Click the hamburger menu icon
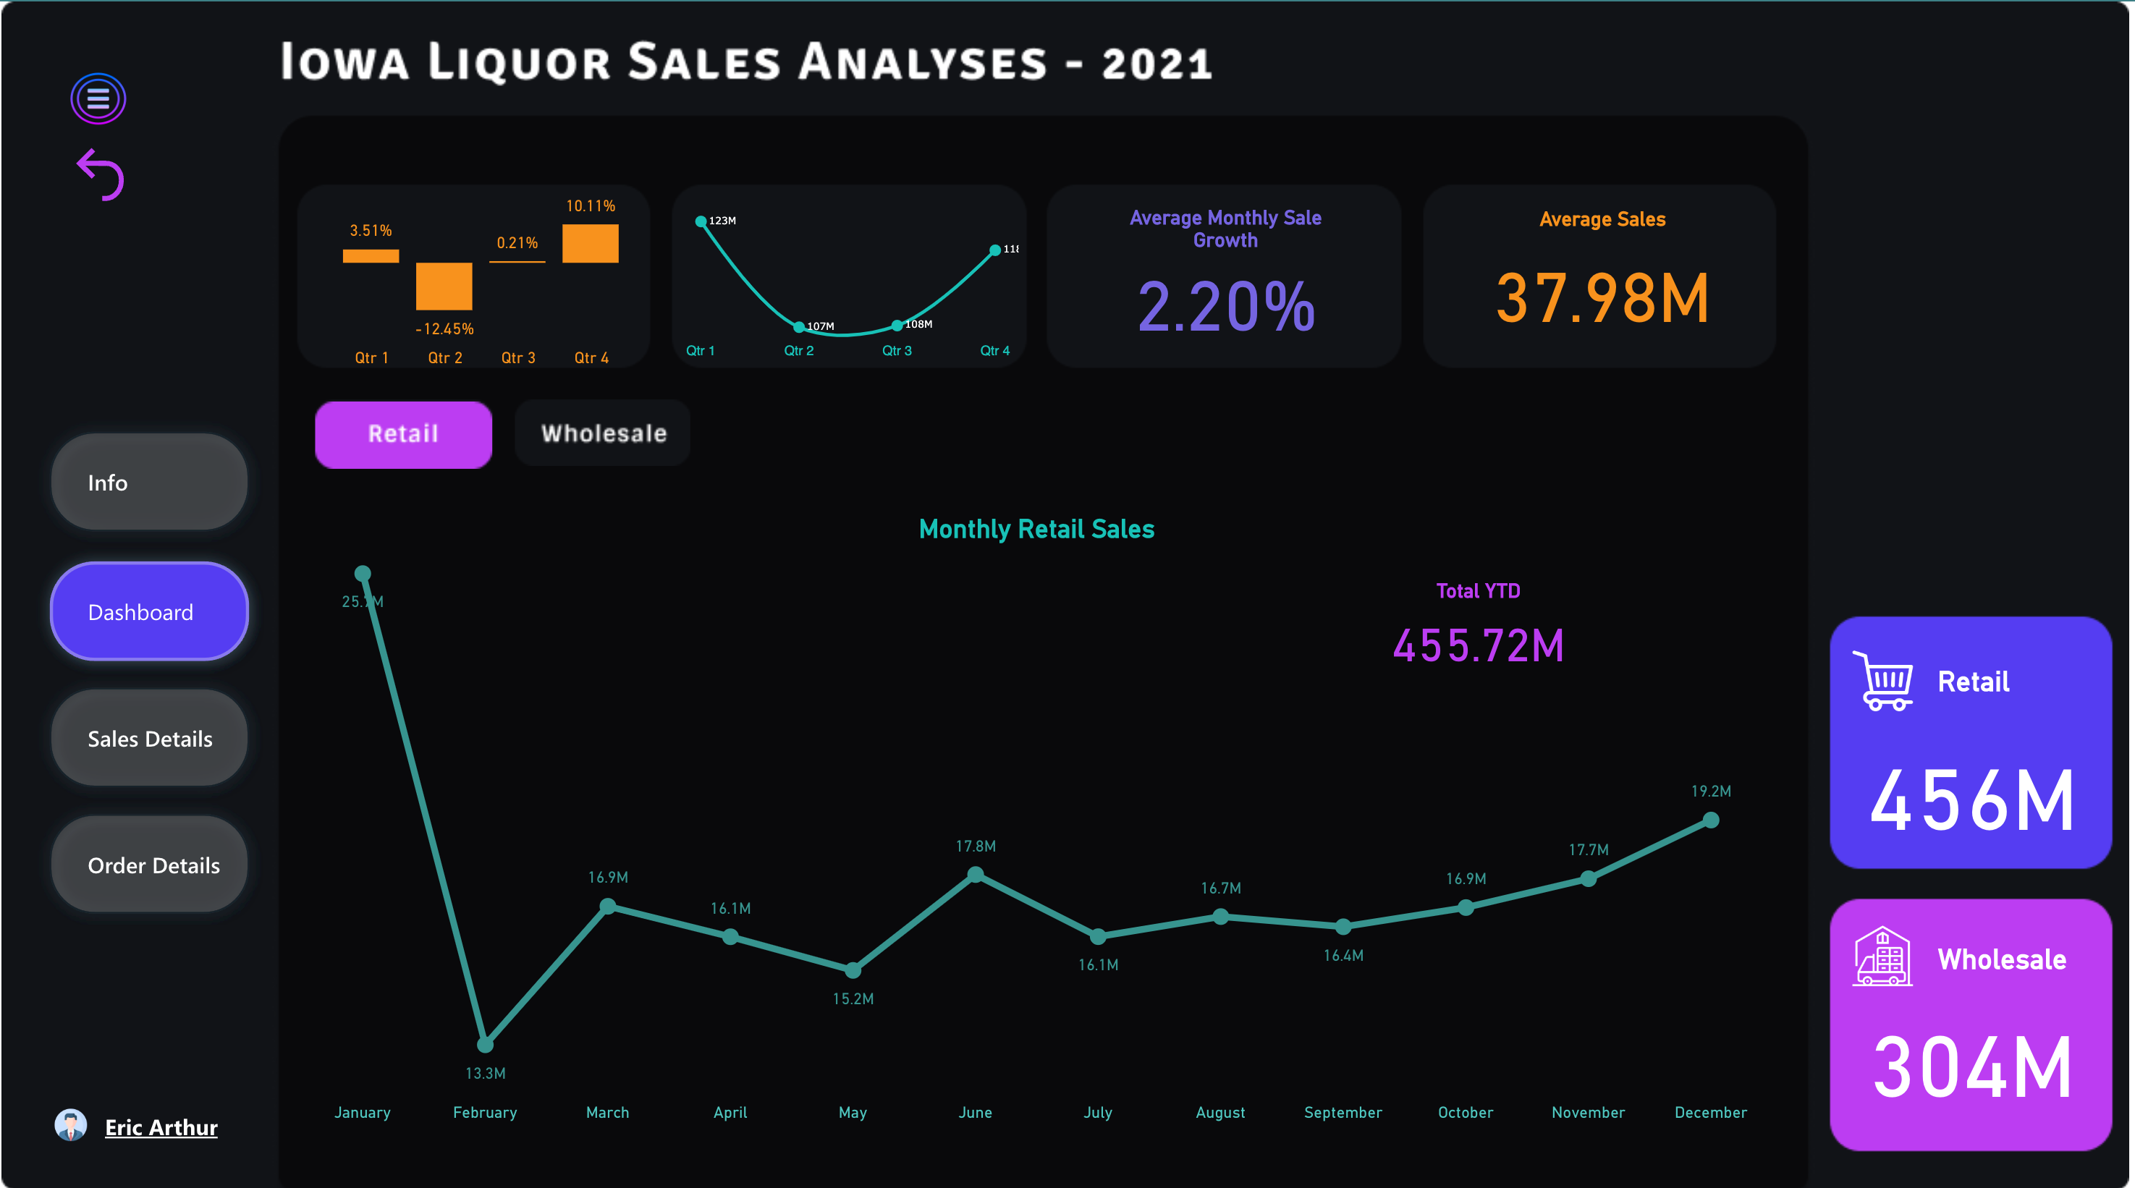[98, 98]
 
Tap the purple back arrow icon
[101, 175]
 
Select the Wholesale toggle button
[603, 433]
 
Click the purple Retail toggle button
[403, 434]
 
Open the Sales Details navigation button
[149, 738]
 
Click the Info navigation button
[149, 482]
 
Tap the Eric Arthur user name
[161, 1127]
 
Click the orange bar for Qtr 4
[590, 244]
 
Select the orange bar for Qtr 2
[444, 286]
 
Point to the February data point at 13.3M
[485, 1044]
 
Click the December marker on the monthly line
[1711, 820]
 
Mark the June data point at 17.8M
[976, 874]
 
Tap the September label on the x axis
[1343, 1112]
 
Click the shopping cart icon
[1883, 681]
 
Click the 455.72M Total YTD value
[1478, 645]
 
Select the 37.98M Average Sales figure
[1601, 298]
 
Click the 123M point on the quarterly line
[701, 221]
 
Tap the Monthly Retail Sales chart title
[1036, 529]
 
